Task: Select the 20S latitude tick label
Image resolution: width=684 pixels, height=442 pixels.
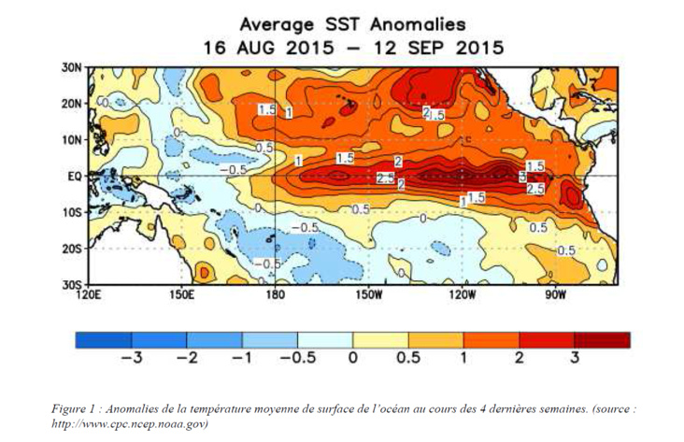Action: tap(75, 248)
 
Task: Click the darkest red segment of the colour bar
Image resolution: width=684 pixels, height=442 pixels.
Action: tap(602, 339)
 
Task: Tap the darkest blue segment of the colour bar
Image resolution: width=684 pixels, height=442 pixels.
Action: tap(103, 339)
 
